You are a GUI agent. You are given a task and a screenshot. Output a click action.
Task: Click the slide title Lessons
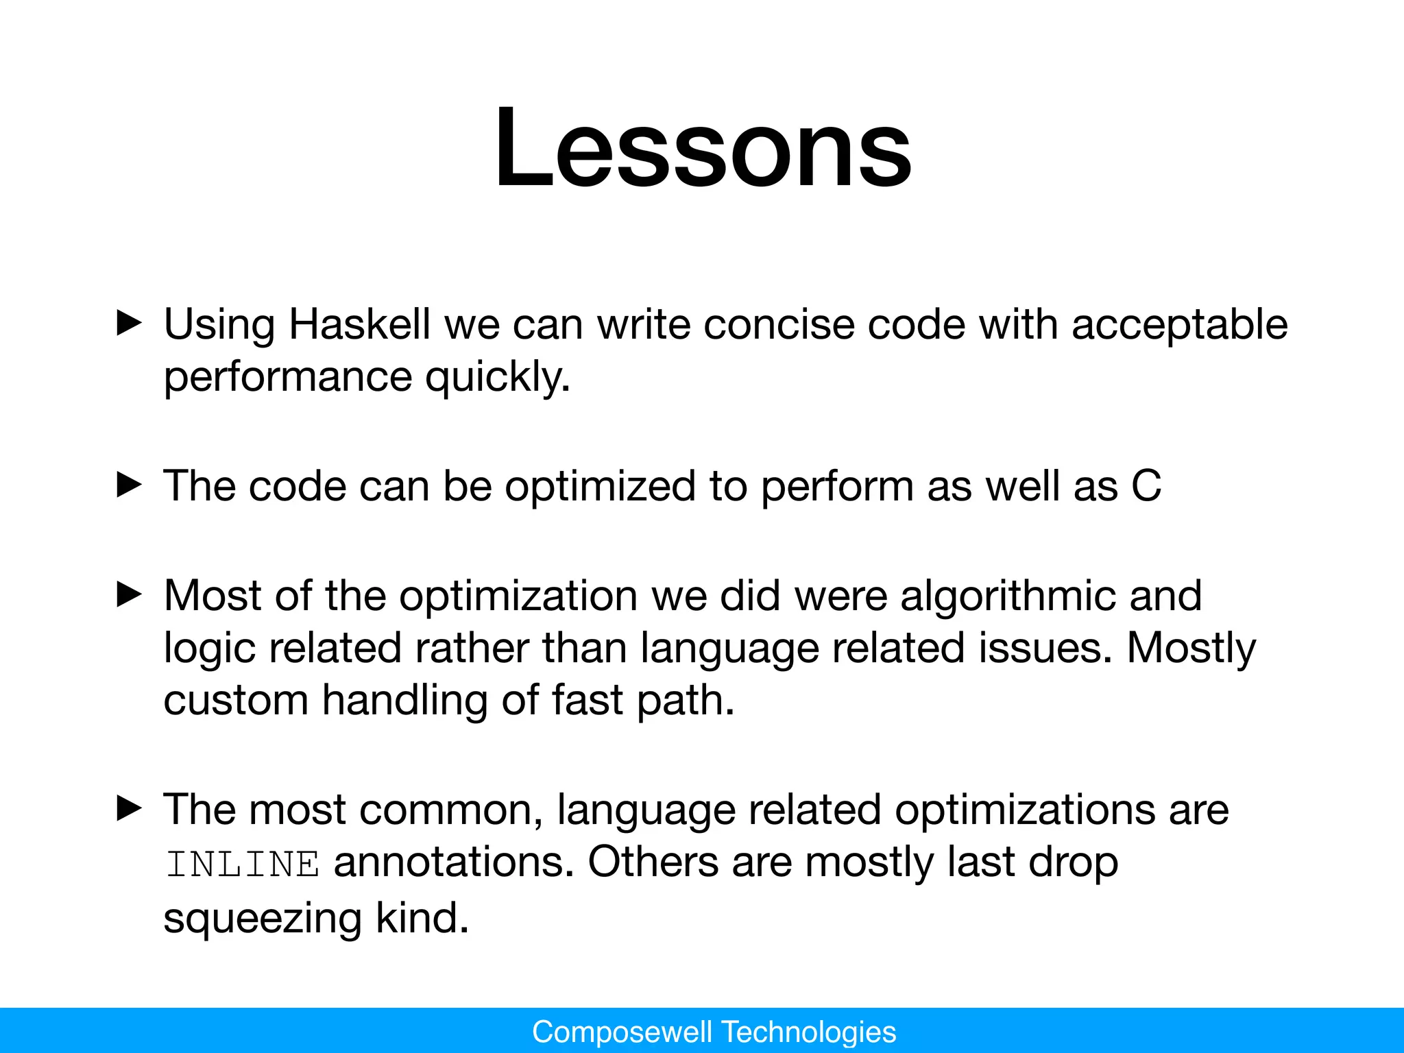[x=703, y=147]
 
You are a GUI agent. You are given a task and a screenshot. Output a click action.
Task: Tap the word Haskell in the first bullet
[x=359, y=324]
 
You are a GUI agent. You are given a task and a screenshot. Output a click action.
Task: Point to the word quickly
[x=497, y=378]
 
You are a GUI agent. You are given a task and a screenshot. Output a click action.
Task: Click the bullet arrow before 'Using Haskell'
[x=129, y=322]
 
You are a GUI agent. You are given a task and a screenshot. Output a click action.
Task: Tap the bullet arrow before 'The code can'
[x=129, y=485]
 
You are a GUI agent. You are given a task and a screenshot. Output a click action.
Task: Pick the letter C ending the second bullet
[x=1146, y=486]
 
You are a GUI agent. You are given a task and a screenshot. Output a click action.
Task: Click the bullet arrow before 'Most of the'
[x=129, y=594]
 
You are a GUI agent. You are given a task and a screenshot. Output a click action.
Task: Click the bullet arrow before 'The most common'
[x=129, y=808]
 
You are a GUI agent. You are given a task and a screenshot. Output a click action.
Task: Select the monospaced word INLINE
[x=243, y=864]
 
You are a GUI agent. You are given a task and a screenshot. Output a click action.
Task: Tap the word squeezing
[x=262, y=919]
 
